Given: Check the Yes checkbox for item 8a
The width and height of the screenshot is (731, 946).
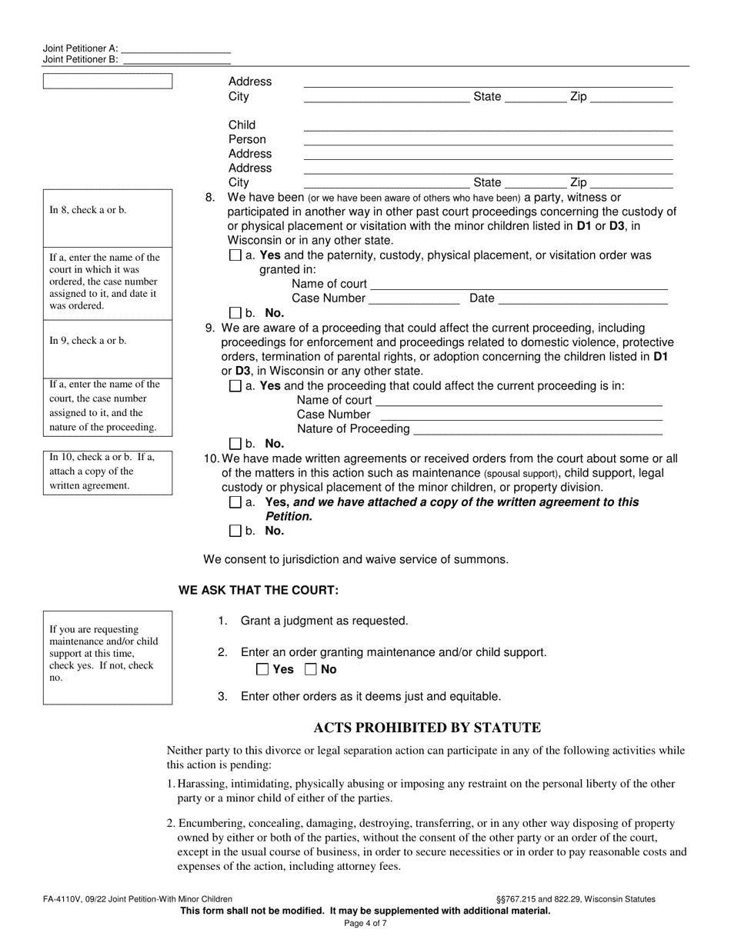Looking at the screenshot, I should (235, 255).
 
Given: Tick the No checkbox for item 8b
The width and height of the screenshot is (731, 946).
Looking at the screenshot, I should (235, 313).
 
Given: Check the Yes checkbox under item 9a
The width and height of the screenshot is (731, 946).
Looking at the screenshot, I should (235, 386).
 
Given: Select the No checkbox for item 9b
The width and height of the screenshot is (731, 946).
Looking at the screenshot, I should (235, 444).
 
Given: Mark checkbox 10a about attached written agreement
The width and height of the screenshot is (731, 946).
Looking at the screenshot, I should (235, 502).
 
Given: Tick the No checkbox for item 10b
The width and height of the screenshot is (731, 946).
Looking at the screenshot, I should (235, 531).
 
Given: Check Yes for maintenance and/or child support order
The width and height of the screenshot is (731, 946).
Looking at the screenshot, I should (262, 669).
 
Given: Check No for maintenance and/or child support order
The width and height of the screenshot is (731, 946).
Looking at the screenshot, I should (311, 669).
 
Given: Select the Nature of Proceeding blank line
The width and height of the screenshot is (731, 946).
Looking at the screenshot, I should (537, 430).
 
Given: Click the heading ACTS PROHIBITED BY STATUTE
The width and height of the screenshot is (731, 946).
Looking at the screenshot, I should (427, 728).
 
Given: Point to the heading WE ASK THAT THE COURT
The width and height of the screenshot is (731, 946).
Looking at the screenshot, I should (259, 591).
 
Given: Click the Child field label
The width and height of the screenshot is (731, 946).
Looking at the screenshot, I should (242, 125).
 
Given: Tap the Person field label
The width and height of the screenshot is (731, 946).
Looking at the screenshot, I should (247, 139).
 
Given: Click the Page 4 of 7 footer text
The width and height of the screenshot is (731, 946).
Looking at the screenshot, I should (365, 924).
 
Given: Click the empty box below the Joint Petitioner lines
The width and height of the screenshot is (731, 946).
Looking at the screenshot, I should (108, 82).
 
